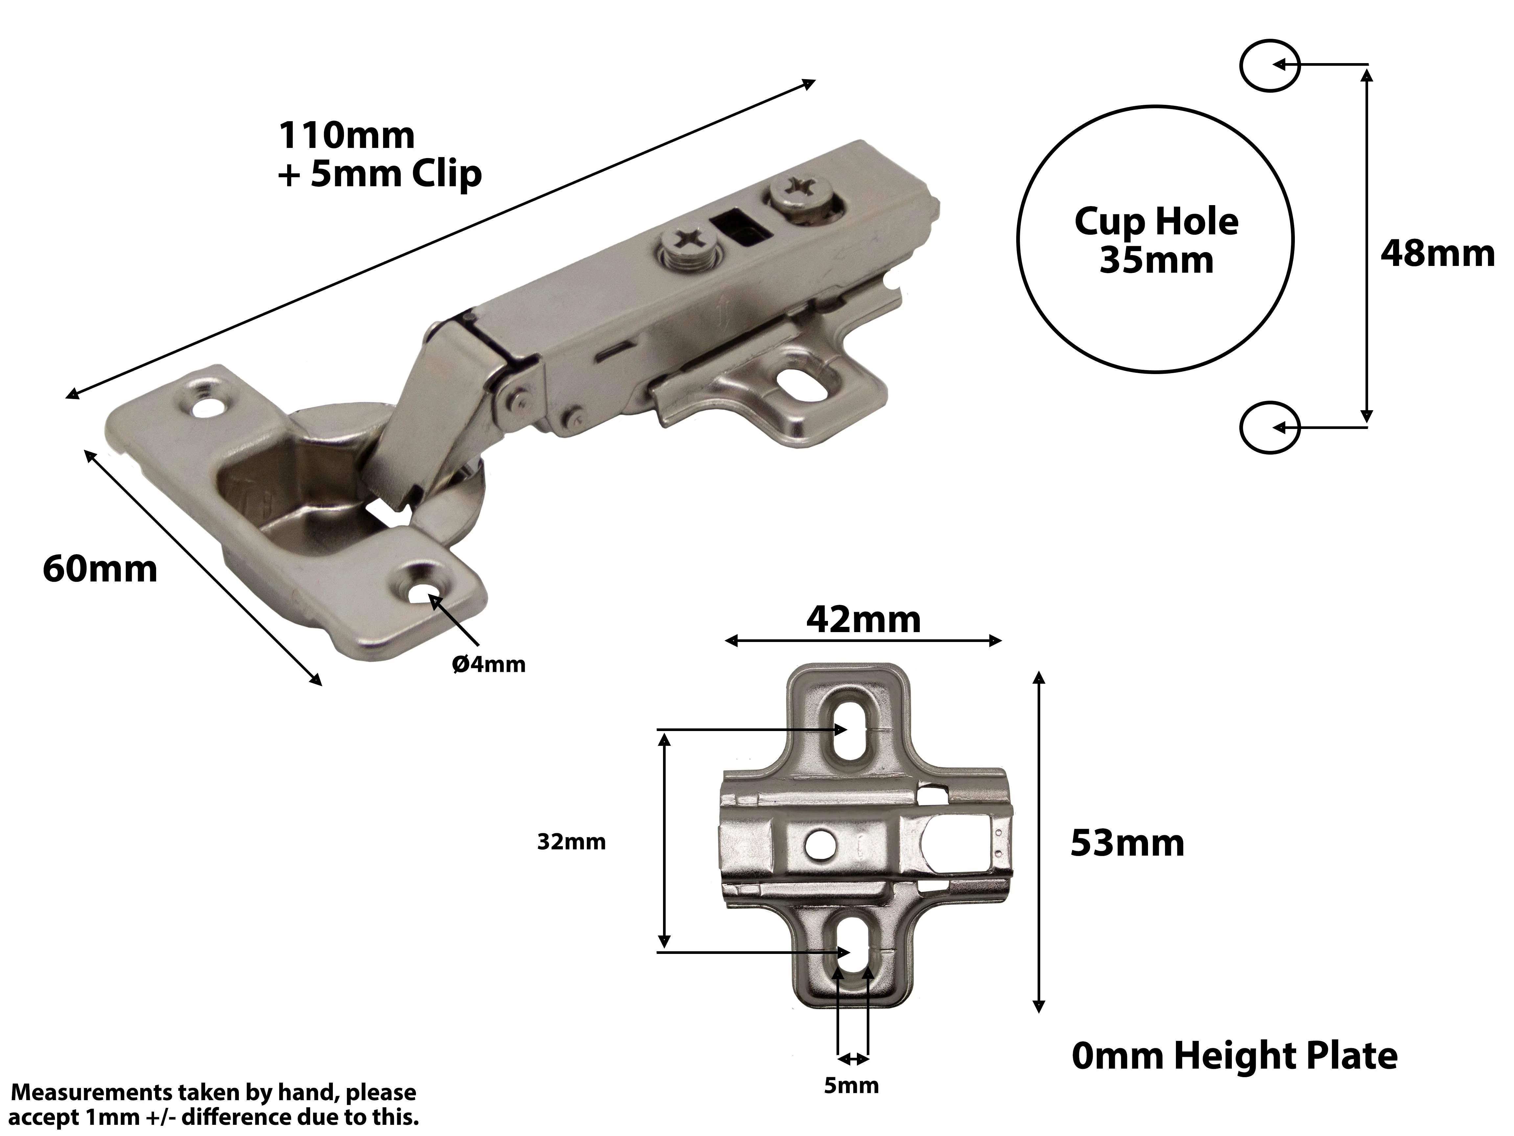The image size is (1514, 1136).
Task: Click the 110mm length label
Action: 346,135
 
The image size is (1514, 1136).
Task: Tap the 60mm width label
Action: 100,569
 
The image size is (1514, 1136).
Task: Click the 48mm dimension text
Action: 1437,254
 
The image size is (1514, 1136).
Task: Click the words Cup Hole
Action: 1156,221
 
